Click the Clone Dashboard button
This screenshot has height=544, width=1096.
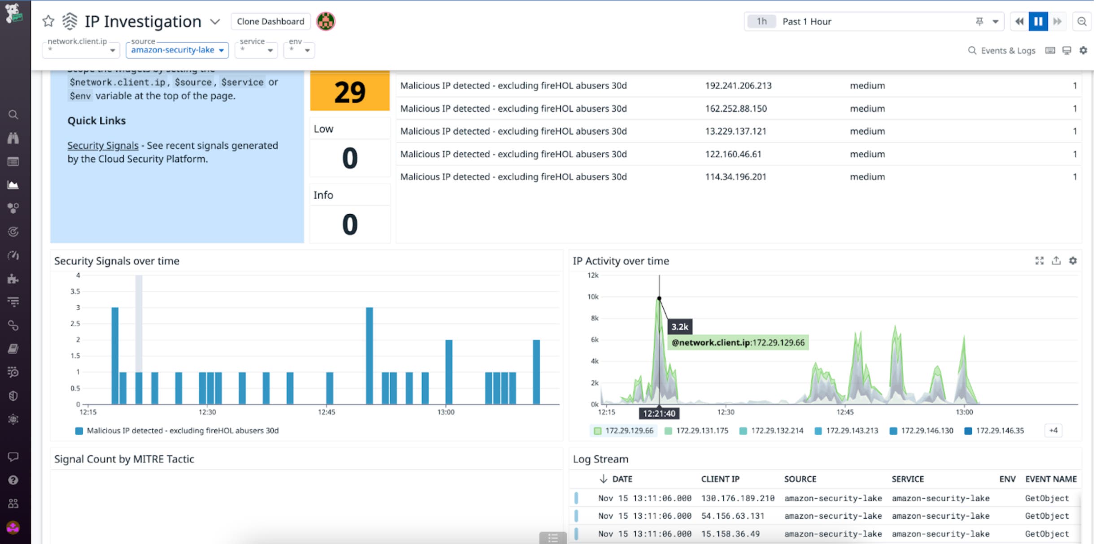270,22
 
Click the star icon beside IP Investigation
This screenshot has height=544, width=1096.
48,21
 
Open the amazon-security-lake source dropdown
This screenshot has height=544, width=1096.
177,50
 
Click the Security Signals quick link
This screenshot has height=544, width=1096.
103,146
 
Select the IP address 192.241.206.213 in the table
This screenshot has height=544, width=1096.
738,86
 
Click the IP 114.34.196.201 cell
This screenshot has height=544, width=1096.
735,177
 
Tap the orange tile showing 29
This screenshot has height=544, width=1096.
350,92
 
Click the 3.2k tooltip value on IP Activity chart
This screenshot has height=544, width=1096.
679,327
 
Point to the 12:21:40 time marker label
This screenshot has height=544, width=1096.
659,413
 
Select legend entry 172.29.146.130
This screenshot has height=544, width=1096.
926,431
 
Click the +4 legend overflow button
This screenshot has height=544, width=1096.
1053,431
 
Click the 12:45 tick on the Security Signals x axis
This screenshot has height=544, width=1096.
326,412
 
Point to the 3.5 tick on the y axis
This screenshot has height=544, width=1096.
75,291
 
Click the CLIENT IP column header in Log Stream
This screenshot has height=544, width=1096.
720,479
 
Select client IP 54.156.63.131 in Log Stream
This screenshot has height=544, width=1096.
732,516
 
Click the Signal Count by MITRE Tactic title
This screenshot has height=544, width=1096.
124,459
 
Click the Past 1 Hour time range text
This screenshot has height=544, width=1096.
806,22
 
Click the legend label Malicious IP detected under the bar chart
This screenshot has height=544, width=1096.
183,431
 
